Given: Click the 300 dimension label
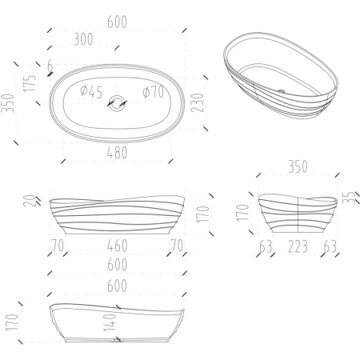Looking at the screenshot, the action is pos(83,39).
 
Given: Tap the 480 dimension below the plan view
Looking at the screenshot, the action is pos(117,153).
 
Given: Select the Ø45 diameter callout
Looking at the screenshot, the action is pos(91,91).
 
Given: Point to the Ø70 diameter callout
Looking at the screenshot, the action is pos(154,92).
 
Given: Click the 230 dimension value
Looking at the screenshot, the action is pos(198,102).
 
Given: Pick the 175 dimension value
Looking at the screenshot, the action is pos(30,83).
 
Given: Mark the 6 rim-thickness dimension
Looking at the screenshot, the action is pos(50,66).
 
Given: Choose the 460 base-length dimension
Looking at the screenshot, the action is pos(118,246).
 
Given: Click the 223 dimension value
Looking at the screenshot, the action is pos(298,246).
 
